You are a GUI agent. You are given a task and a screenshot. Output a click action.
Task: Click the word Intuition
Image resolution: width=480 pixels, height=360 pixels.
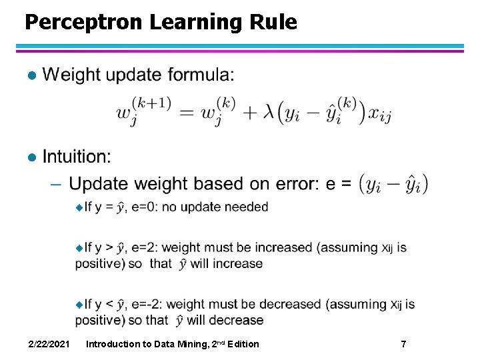(77, 157)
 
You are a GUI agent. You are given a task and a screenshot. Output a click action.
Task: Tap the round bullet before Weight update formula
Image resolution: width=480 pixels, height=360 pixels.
(29, 75)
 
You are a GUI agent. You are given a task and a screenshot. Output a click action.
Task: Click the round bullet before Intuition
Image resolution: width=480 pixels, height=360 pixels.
(29, 157)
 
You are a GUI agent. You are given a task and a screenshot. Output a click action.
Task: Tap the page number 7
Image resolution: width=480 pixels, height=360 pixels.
(403, 344)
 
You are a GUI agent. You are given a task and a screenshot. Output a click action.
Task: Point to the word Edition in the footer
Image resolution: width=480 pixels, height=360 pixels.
(243, 344)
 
